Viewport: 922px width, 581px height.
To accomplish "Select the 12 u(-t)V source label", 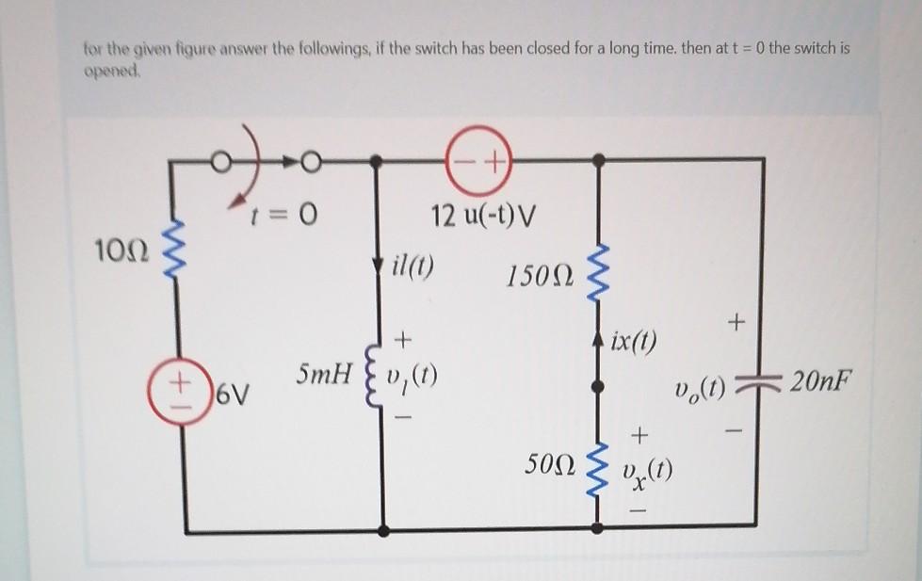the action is pos(483,218).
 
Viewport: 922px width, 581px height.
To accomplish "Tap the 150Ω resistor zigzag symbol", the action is pos(594,270).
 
